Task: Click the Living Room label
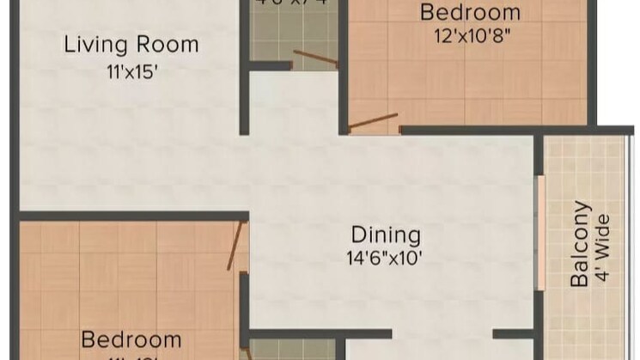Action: tap(131, 44)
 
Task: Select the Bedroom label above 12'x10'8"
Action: tap(470, 12)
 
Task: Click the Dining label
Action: tap(386, 235)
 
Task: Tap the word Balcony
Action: tap(582, 244)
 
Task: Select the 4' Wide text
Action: tap(603, 244)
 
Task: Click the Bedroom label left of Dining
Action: tap(131, 339)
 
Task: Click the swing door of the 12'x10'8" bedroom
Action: tap(373, 120)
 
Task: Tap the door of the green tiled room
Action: tap(314, 59)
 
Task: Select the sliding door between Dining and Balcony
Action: tap(539, 232)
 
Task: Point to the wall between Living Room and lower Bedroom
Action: tap(129, 216)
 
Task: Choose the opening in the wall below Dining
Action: tap(442, 333)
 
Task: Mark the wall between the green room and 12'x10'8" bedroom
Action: tap(342, 52)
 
